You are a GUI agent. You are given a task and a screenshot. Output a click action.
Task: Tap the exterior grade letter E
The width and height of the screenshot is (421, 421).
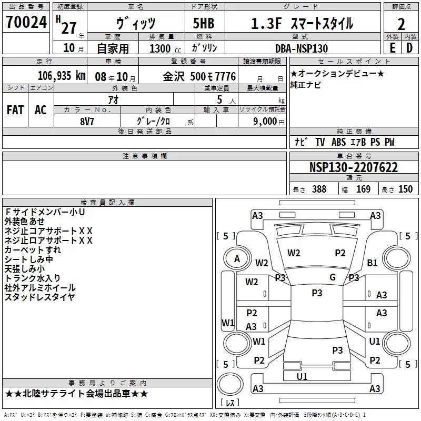click(392, 48)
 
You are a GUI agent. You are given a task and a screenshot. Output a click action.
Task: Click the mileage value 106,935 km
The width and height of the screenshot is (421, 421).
click(61, 76)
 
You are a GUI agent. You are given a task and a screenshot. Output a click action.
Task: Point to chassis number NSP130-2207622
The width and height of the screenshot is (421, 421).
click(353, 168)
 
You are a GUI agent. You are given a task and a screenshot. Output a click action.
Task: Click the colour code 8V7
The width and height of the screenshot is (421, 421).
click(87, 121)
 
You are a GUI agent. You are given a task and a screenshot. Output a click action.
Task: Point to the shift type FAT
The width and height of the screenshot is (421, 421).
click(15, 109)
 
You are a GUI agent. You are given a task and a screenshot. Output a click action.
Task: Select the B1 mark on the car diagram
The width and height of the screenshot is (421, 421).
click(373, 263)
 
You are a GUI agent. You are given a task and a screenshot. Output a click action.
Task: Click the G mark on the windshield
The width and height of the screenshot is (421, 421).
click(332, 277)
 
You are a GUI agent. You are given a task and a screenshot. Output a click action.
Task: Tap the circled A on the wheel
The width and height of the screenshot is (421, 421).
click(237, 259)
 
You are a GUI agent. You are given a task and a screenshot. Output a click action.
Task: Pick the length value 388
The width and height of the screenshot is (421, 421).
click(319, 189)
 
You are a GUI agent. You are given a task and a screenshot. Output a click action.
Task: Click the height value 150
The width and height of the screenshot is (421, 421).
click(405, 189)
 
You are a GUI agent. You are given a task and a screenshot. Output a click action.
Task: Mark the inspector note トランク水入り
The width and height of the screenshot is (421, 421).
click(33, 278)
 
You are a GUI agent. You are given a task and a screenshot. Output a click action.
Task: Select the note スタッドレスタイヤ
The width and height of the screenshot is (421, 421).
click(39, 297)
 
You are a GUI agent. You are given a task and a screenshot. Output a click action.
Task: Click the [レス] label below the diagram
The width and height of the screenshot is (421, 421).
click(230, 403)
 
